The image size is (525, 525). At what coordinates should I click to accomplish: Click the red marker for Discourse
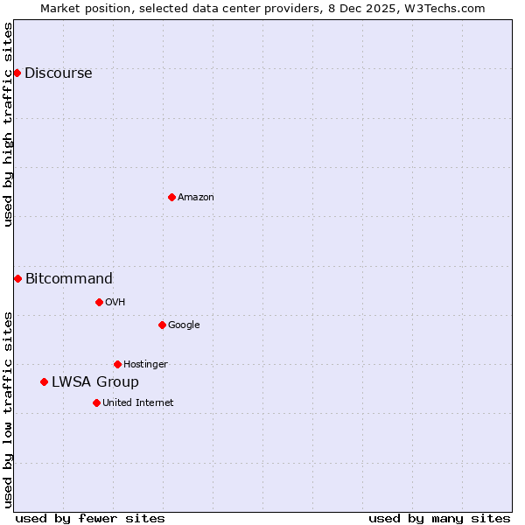pos(17,73)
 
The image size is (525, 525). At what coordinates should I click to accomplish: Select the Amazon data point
pos(171,197)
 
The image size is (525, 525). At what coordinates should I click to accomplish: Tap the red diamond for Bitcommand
pos(17,278)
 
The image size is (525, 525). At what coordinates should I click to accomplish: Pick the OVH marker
pos(99,302)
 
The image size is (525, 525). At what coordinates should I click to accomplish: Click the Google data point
pos(162,325)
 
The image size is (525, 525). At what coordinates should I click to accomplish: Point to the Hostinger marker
pos(117,364)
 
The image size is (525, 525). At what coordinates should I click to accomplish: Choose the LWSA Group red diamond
pos(44,381)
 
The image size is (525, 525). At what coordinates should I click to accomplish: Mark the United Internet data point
pos(96,402)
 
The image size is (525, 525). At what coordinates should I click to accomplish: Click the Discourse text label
pos(58,73)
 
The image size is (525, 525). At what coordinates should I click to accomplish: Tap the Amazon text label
pos(195,198)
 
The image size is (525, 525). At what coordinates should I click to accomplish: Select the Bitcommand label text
pos(68,279)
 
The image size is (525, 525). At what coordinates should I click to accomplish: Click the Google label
pos(184,325)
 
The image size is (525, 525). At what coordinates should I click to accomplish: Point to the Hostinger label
pos(145,365)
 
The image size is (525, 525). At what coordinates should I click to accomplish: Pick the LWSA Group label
pos(94,382)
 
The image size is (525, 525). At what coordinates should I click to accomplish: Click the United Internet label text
pos(137,403)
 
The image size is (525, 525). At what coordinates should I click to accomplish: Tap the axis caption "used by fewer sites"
pos(90,518)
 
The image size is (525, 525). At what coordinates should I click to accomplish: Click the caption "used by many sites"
pos(439,518)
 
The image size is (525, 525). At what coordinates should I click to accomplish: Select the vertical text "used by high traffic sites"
pos(8,124)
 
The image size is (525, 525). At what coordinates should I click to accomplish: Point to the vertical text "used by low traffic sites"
pos(8,409)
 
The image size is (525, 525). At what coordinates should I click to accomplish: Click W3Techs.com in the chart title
pos(448,8)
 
